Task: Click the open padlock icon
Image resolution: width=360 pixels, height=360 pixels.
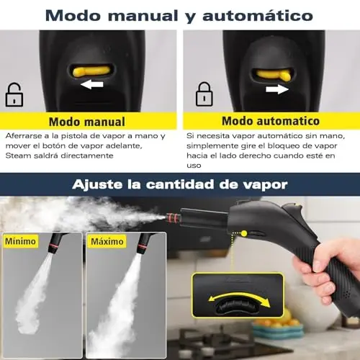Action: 14,94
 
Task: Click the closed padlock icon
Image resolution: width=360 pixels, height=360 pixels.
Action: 204,94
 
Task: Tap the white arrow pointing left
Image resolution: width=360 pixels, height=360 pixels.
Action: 92,84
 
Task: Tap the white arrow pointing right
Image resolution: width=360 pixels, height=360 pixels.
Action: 277,89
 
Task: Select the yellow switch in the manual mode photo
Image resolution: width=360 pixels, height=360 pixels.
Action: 91,71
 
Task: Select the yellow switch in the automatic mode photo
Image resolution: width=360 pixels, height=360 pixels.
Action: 273,75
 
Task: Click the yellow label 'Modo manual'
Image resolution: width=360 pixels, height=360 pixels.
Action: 87,122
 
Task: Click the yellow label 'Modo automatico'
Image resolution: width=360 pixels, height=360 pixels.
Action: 271,121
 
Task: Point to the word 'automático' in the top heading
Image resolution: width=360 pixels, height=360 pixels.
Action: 258,16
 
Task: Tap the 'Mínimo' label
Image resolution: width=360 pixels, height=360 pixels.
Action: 20,241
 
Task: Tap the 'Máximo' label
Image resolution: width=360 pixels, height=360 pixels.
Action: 107,241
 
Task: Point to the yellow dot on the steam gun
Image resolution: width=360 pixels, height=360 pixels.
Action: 244,233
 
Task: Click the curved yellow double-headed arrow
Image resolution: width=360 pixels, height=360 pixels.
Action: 239,297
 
